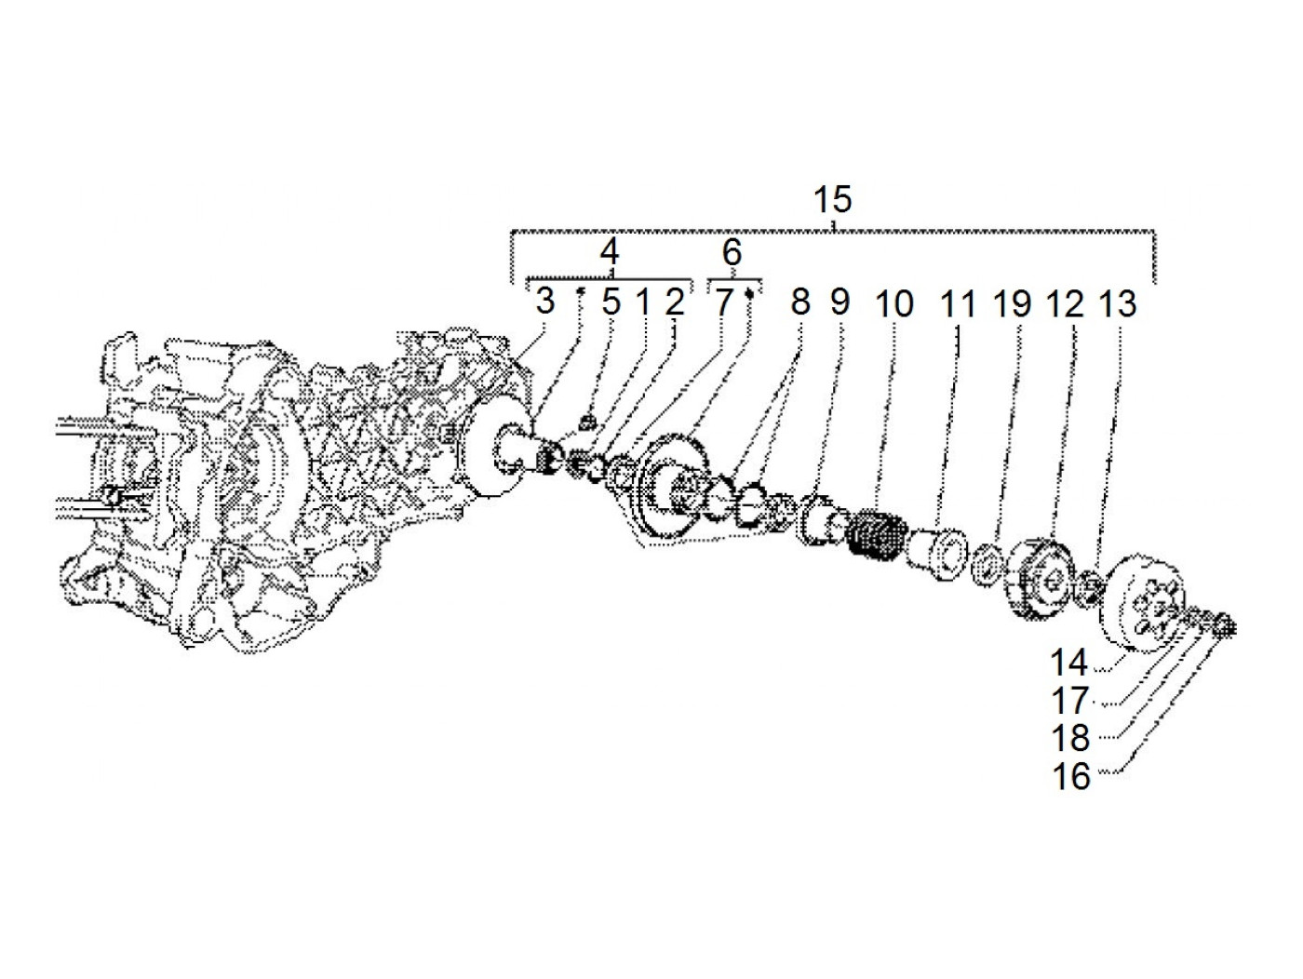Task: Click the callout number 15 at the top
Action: (832, 199)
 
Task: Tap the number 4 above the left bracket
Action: (609, 251)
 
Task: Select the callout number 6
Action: (732, 251)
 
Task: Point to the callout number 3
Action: (545, 302)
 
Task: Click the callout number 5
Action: (610, 302)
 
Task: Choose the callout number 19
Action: (1014, 303)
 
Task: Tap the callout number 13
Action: (1118, 303)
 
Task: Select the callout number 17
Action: (1070, 700)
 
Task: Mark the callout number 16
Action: (1070, 775)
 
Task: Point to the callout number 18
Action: (1070, 738)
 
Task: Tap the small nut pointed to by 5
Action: (586, 425)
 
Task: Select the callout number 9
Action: (840, 302)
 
